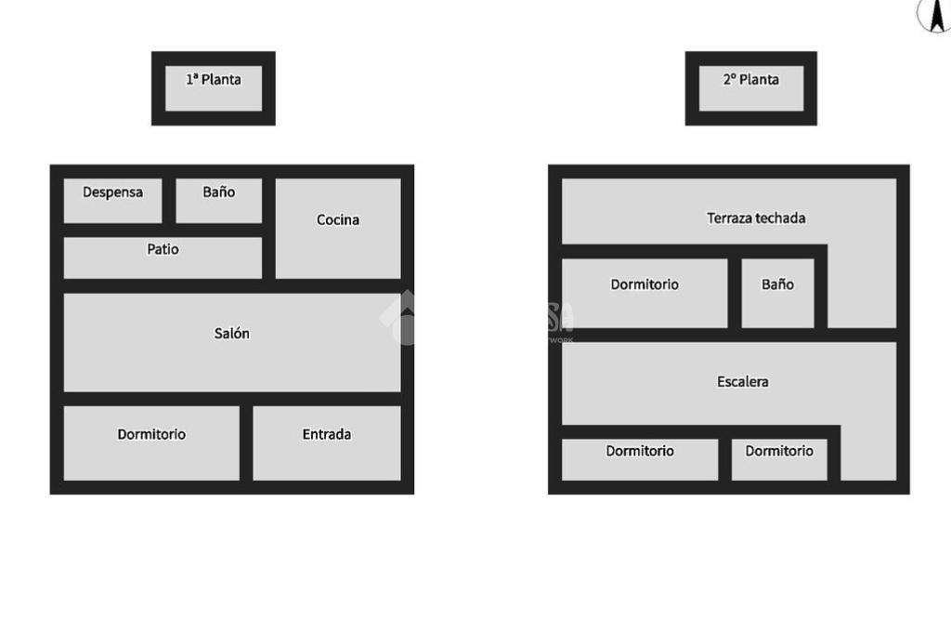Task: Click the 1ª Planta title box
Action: click(x=214, y=88)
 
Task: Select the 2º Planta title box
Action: click(x=750, y=88)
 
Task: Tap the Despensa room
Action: click(x=112, y=201)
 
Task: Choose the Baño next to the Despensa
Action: click(x=219, y=201)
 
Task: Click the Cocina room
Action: click(x=338, y=229)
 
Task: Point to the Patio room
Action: click(x=163, y=258)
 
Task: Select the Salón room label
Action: click(x=231, y=334)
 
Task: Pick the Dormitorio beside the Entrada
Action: click(x=151, y=443)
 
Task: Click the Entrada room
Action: click(x=327, y=443)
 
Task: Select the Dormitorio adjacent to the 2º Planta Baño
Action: click(x=645, y=294)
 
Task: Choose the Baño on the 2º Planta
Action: click(x=777, y=294)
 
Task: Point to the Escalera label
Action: click(x=742, y=381)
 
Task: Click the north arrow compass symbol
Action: click(x=935, y=15)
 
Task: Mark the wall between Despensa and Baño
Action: click(x=169, y=201)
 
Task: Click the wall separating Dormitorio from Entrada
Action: click(x=246, y=443)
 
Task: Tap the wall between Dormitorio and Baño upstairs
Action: click(x=735, y=294)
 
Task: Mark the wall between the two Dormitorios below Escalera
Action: click(x=724, y=460)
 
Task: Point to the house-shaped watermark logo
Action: click(x=400, y=318)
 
